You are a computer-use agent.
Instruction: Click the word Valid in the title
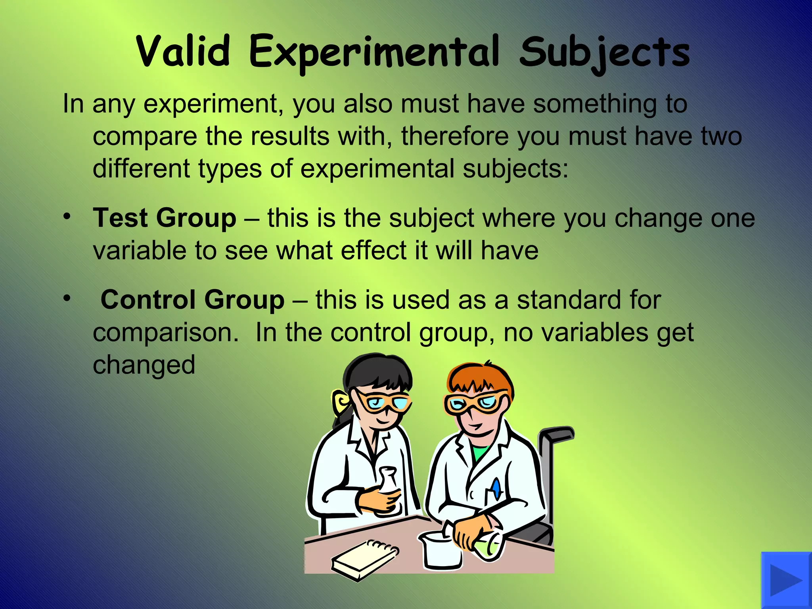pos(183,52)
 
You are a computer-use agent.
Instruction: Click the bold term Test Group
pos(165,218)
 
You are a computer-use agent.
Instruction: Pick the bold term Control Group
pos(192,299)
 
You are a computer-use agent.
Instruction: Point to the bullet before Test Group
pos(67,216)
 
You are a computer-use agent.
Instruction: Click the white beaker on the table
pos(440,549)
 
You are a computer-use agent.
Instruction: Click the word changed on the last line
pos(144,365)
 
